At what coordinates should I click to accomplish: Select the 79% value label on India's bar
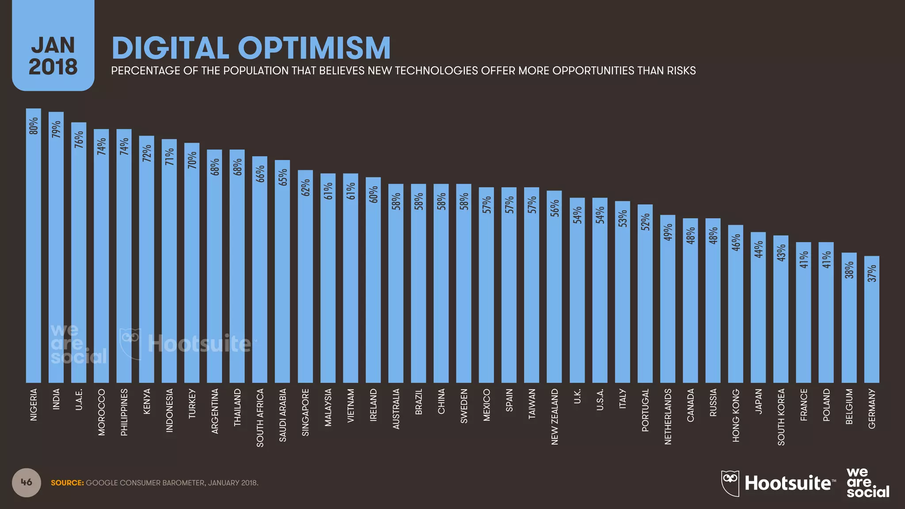(x=56, y=129)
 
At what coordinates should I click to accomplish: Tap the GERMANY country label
(x=872, y=408)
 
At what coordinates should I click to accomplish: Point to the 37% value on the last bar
(x=872, y=273)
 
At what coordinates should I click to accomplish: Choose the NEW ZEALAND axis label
(x=555, y=416)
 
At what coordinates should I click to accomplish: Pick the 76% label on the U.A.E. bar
(x=79, y=140)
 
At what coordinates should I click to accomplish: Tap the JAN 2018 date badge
(x=53, y=56)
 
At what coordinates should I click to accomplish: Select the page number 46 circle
(x=27, y=482)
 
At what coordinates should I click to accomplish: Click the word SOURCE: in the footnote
(x=67, y=483)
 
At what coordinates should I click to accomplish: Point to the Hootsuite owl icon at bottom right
(x=730, y=482)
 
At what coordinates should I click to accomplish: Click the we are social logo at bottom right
(x=867, y=482)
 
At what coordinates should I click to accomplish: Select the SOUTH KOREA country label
(x=781, y=417)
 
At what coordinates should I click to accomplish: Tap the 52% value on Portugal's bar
(x=645, y=222)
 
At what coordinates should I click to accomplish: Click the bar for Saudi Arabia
(x=282, y=274)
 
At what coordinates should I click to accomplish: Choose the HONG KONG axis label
(x=736, y=415)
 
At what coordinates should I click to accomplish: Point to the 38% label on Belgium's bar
(x=849, y=270)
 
